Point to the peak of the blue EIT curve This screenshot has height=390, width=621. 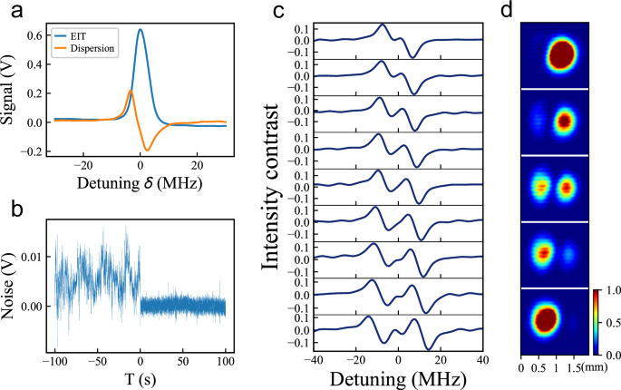click(x=141, y=30)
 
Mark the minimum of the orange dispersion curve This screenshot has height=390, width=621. click(x=147, y=150)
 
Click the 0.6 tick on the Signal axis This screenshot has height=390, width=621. click(x=40, y=35)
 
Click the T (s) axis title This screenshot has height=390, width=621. click(x=141, y=376)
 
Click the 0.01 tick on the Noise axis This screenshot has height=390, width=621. click(x=36, y=259)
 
